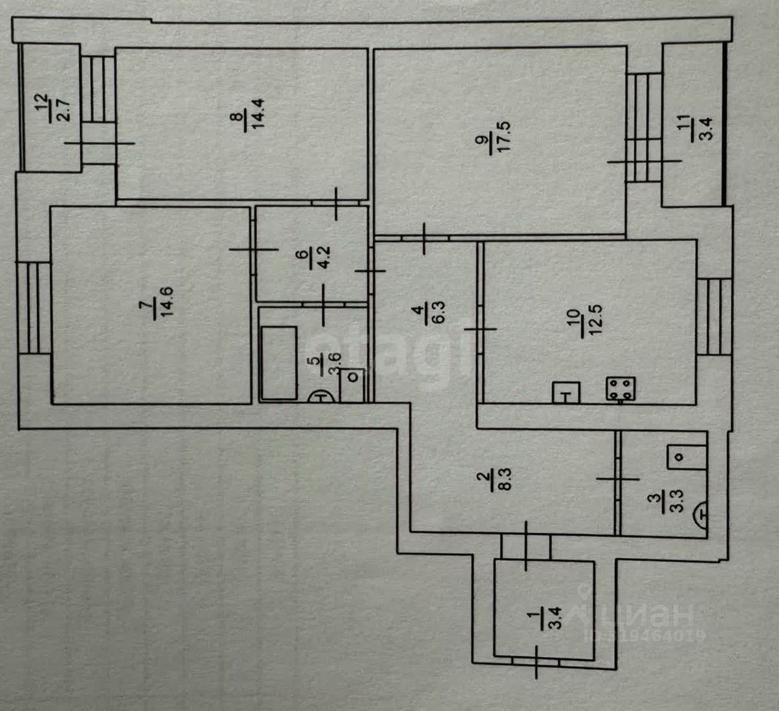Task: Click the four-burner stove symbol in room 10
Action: [621, 389]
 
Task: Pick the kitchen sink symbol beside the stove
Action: [567, 393]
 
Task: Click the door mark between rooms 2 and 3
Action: [617, 480]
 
